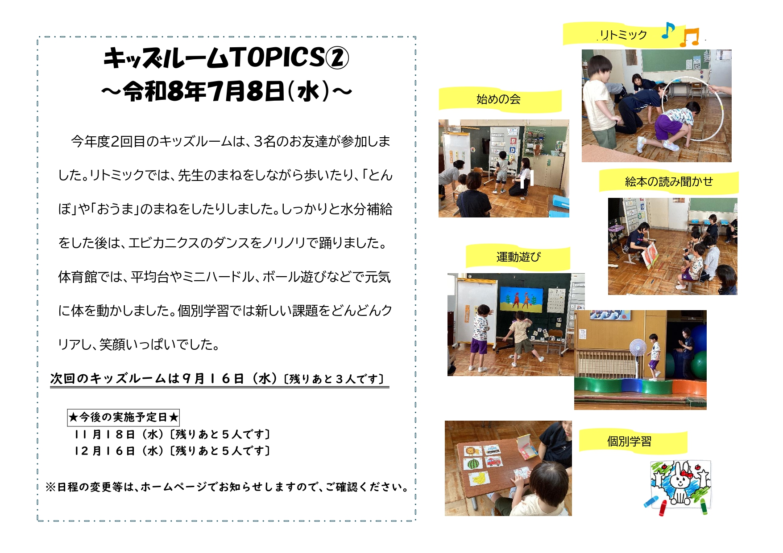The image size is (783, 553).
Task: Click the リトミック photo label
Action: tap(623, 35)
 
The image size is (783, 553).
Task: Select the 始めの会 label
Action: tap(498, 99)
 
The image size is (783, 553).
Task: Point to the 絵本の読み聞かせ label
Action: tap(669, 181)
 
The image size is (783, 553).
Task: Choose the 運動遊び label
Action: tap(518, 257)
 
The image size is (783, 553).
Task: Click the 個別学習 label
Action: tap(629, 441)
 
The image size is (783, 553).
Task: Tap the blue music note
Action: tap(667, 30)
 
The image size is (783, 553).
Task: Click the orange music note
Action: tap(689, 37)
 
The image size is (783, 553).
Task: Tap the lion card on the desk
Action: tap(473, 451)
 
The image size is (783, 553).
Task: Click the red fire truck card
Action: tap(493, 462)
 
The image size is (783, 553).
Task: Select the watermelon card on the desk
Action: tap(475, 464)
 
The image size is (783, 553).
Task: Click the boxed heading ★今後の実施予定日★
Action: tap(123, 418)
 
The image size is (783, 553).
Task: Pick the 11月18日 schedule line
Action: tap(172, 434)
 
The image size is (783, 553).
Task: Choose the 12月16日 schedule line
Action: tap(172, 451)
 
